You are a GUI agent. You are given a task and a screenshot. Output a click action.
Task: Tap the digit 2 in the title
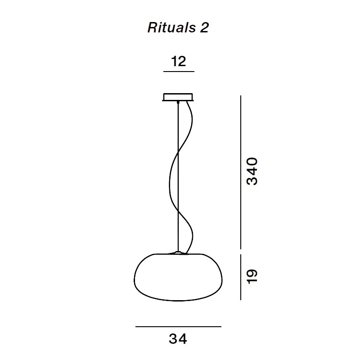tap(204, 28)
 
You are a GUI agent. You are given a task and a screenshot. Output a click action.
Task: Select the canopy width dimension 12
tap(179, 61)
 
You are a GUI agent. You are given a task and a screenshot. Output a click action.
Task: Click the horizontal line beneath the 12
tap(179, 72)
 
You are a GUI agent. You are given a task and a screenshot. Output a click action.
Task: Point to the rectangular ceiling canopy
tap(179, 97)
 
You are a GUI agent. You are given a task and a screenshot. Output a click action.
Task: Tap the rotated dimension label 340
tap(252, 171)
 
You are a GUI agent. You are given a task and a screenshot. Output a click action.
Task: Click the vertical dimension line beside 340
tap(242, 171)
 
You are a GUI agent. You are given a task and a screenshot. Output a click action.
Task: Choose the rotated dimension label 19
tap(252, 276)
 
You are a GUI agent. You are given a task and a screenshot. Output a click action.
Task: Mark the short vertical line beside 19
tap(242, 276)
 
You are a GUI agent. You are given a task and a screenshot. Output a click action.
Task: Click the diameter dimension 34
tap(178, 338)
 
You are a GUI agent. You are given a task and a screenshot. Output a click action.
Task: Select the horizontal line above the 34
tap(178, 327)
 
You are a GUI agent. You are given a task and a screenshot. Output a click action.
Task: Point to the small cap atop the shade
tap(179, 253)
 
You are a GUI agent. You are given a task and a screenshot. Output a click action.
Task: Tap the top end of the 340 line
tap(242, 96)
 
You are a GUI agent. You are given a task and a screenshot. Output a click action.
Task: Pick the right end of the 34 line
tap(220, 327)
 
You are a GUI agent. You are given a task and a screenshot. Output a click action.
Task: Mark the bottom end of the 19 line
tap(242, 299)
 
